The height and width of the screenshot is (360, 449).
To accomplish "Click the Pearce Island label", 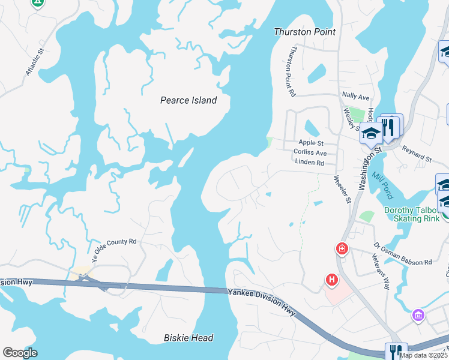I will (188, 100).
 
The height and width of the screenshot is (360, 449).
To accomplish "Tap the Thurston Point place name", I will (304, 32).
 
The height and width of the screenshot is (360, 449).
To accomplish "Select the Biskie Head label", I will (188, 338).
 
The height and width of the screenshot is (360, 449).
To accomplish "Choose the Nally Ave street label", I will (355, 96).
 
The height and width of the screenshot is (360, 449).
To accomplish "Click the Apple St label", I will (311, 143).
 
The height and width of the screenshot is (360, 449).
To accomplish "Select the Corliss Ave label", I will (310, 153).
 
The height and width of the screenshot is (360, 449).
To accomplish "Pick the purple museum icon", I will (418, 314).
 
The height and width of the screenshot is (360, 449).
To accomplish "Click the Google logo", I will (20, 353).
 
